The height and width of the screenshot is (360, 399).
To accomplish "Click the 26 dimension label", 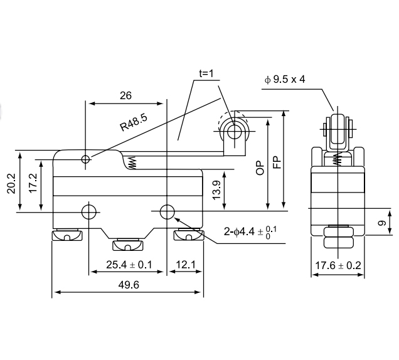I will pyautogui.click(x=125, y=96).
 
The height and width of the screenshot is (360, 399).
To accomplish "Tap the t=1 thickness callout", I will pyautogui.click(x=206, y=73).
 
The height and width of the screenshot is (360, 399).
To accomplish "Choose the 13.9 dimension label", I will pyautogui.click(x=216, y=189).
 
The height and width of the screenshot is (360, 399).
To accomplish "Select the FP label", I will pyautogui.click(x=277, y=164).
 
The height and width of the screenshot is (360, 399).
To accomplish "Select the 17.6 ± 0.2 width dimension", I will pyautogui.click(x=338, y=265).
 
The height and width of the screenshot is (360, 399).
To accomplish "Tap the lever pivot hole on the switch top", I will pyautogui.click(x=86, y=160).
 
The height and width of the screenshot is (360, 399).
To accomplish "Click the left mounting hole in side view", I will pyautogui.click(x=89, y=211).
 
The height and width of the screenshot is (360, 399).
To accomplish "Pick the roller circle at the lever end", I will pyautogui.click(x=234, y=131).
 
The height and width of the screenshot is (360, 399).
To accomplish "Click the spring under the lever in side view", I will pyautogui.click(x=132, y=163).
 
